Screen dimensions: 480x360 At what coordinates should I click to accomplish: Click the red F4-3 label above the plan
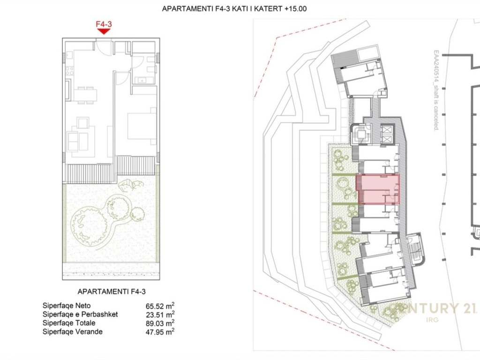[104, 24]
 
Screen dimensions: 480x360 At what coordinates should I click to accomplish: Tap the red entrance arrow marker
[104, 31]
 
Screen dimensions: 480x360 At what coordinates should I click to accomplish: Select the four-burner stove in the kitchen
[69, 71]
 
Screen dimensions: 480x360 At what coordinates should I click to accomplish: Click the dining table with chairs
[85, 95]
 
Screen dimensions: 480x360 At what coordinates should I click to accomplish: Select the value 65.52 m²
[160, 306]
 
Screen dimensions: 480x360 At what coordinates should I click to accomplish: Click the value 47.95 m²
[160, 332]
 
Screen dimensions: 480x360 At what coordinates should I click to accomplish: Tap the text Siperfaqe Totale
[69, 323]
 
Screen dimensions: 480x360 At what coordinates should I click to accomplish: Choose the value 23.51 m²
[160, 315]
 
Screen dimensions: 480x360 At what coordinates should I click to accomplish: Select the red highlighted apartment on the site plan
[378, 189]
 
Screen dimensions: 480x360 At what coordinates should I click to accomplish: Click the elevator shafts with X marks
[386, 135]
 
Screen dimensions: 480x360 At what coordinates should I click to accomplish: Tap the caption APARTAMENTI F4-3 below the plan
[112, 292]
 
